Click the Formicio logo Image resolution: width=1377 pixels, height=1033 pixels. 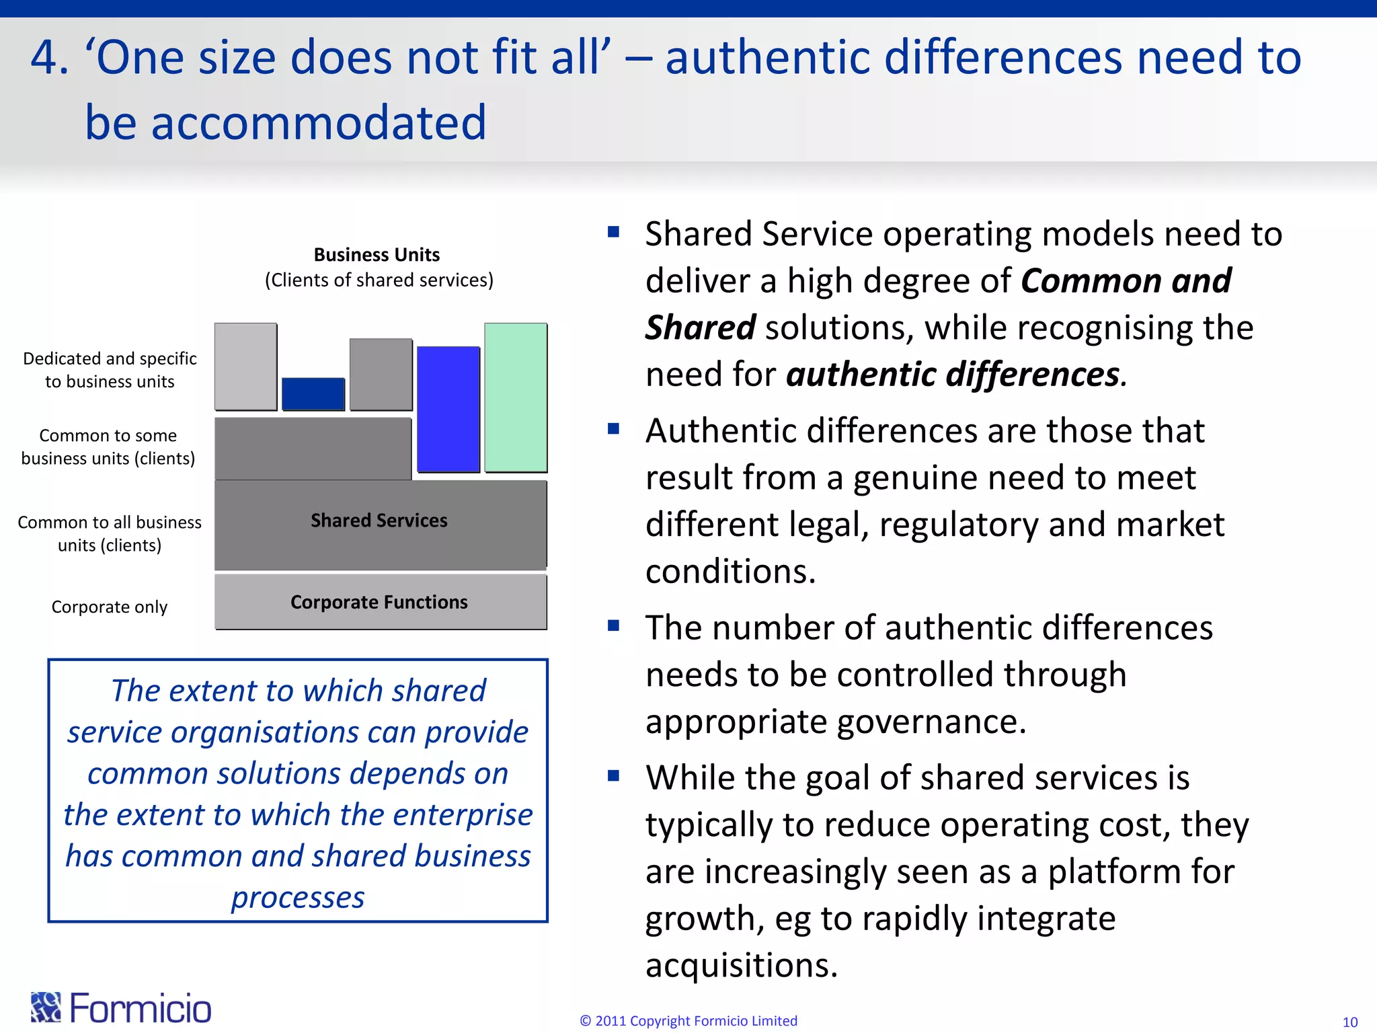(x=121, y=1007)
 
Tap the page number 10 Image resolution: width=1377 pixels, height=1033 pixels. (x=1349, y=1022)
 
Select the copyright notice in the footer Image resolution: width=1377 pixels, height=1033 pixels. (x=688, y=1020)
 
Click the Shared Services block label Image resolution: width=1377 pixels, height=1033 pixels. (x=379, y=521)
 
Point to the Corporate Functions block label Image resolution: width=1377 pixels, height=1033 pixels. (x=379, y=602)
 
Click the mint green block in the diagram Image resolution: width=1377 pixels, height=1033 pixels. (x=516, y=397)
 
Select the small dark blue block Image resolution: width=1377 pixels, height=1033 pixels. (x=313, y=394)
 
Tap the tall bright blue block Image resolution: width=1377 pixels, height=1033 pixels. (x=448, y=409)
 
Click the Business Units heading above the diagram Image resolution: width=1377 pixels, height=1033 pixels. (x=377, y=255)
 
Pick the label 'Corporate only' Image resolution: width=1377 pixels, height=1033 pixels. (x=110, y=607)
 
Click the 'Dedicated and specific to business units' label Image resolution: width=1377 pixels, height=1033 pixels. (x=110, y=370)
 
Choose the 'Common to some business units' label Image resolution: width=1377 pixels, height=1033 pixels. (x=108, y=447)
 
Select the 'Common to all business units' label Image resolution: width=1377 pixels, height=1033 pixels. (x=110, y=533)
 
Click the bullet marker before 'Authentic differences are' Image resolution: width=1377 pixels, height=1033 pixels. (x=613, y=429)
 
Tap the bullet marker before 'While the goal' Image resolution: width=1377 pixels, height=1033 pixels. (x=613, y=775)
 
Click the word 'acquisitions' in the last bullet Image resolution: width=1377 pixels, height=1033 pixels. (x=741, y=966)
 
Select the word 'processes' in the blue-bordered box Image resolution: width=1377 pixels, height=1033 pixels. (x=298, y=897)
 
